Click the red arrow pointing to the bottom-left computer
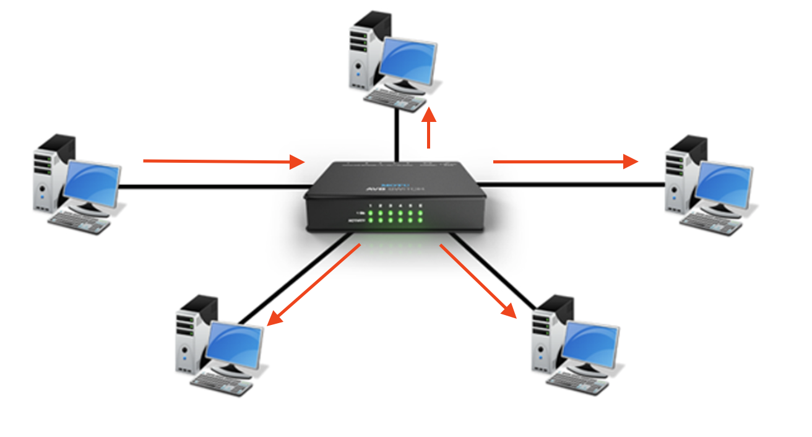coord(313,285)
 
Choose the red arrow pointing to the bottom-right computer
coord(478,280)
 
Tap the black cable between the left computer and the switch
coord(210,186)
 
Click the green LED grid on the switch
coord(395,217)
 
